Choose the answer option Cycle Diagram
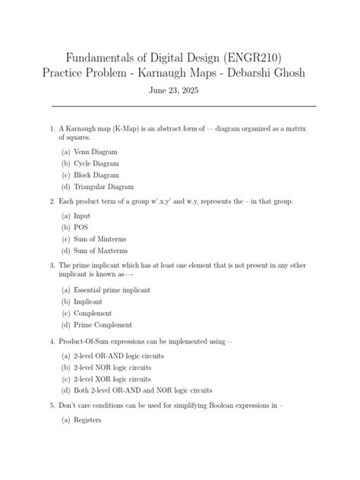click(x=96, y=163)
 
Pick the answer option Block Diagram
click(x=96, y=175)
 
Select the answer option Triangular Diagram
click(x=103, y=186)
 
